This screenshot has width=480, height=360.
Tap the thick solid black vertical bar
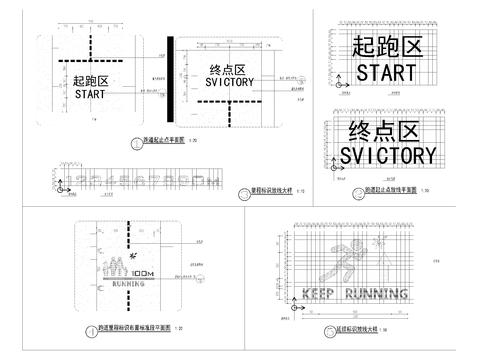click(170, 80)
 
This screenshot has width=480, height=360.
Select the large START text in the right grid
click(384, 73)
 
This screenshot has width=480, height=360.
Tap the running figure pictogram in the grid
click(352, 262)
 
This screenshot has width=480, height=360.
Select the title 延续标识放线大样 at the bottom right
click(353, 330)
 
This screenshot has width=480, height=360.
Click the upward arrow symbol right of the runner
click(380, 242)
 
